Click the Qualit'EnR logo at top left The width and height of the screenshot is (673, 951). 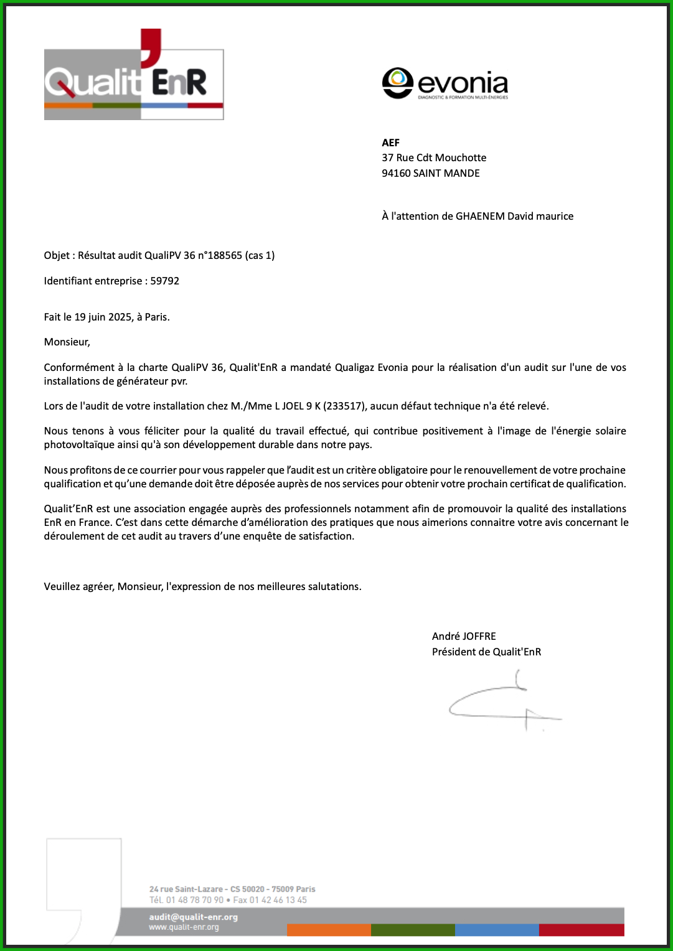click(x=134, y=78)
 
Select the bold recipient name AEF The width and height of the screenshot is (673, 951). click(x=391, y=143)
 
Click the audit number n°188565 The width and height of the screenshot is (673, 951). click(x=219, y=255)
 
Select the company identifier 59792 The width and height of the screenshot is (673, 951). click(x=165, y=281)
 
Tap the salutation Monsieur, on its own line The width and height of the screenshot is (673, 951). click(x=67, y=342)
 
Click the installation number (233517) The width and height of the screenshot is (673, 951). click(x=344, y=406)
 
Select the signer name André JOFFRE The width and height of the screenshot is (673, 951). click(x=464, y=636)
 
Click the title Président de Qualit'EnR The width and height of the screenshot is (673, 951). click(x=486, y=652)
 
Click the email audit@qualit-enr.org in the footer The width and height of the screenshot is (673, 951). click(x=194, y=917)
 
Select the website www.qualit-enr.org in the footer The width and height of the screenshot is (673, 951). click(x=184, y=927)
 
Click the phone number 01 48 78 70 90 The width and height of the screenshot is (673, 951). click(x=195, y=900)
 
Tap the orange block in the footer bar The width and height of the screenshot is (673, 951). click(x=329, y=930)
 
